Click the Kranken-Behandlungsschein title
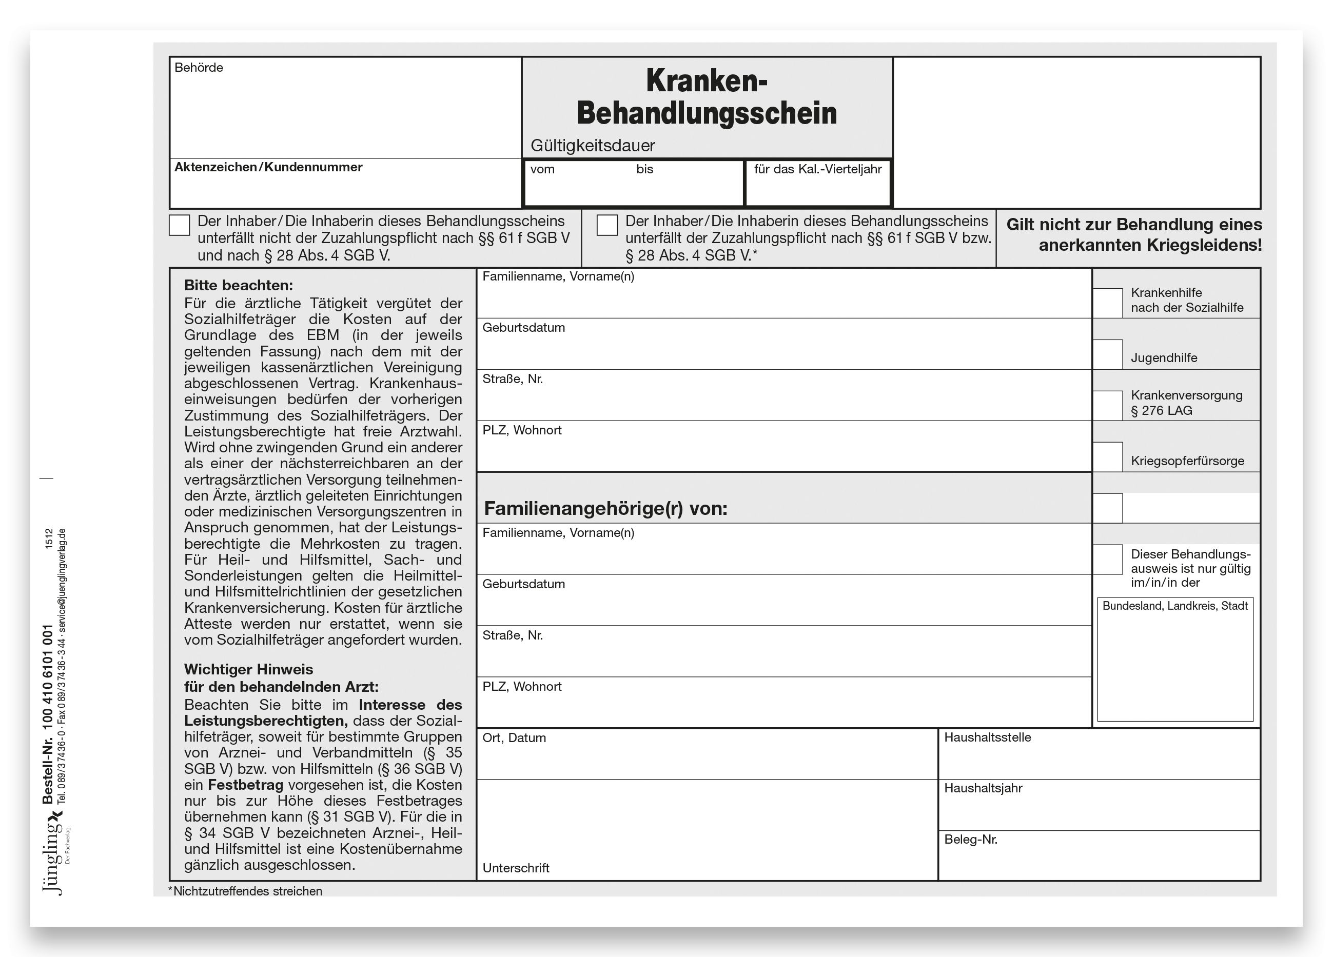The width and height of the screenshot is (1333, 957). (x=707, y=97)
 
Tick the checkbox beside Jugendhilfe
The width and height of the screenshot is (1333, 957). (x=1107, y=355)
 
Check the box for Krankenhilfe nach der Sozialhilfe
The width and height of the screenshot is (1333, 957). (x=1107, y=303)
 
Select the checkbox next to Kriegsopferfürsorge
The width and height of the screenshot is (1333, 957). (x=1107, y=457)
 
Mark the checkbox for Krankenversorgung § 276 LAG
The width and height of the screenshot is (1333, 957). (x=1107, y=406)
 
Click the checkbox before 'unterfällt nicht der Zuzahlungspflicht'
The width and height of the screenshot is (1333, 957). (x=179, y=225)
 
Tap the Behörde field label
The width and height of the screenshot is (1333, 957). (x=199, y=68)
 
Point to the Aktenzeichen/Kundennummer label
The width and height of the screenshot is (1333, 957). (x=268, y=167)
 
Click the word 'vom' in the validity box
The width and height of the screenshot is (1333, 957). (x=542, y=170)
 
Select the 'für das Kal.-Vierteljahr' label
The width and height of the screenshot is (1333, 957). (x=817, y=170)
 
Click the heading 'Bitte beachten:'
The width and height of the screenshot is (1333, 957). (x=238, y=286)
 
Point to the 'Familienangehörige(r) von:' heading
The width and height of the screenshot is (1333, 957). (x=605, y=509)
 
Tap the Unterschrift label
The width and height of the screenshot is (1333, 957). (x=516, y=868)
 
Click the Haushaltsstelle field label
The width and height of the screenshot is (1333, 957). (x=987, y=737)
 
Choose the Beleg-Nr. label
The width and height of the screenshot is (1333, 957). (x=970, y=840)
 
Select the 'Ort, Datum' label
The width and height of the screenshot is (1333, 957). (x=514, y=738)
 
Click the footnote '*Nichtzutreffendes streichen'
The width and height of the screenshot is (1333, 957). (x=245, y=891)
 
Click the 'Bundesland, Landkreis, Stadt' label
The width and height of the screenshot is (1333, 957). (x=1174, y=606)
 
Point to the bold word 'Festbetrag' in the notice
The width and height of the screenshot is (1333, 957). (x=245, y=785)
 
